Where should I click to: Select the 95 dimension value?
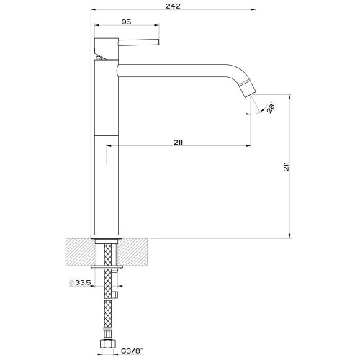tap(126, 22)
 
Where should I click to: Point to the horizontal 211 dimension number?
tap(178, 143)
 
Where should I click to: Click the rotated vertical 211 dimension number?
tap(286, 166)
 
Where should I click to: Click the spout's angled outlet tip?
tap(246, 89)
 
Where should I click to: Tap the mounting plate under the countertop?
tap(109, 267)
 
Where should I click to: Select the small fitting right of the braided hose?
tap(117, 293)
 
